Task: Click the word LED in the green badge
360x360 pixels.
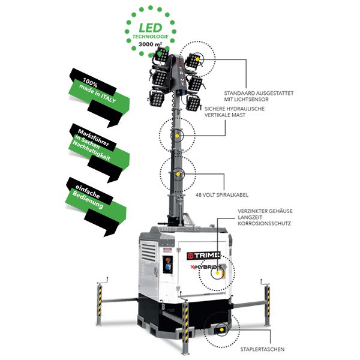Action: tap(151, 28)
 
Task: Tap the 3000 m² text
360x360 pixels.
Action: tap(150, 44)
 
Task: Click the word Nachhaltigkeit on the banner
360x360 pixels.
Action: tap(91, 151)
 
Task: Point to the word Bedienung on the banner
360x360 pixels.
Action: tap(88, 200)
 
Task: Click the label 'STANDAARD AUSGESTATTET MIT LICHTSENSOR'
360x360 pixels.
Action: tap(259, 97)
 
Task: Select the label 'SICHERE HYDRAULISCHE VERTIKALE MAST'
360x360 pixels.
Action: tap(235, 112)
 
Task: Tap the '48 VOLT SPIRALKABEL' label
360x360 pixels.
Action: tap(222, 195)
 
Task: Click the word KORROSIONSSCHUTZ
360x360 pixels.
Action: tap(264, 223)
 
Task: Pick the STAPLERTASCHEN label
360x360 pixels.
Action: tap(262, 349)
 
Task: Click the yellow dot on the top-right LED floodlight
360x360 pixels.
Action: tap(197, 59)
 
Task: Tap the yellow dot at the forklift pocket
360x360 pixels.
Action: tap(221, 329)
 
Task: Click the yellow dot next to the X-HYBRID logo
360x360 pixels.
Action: tap(217, 273)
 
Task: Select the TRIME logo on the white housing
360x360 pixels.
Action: tap(203, 256)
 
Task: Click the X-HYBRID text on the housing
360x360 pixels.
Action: tap(204, 267)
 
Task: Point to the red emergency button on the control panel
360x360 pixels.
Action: tap(167, 260)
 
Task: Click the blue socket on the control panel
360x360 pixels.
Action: tap(167, 268)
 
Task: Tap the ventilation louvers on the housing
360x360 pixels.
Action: tap(148, 252)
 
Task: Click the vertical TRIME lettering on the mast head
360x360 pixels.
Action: tap(181, 74)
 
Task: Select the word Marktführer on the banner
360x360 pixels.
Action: tap(93, 137)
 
